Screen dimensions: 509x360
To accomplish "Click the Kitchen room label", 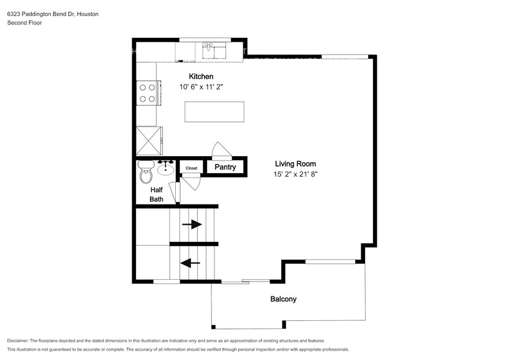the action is (x=201, y=77).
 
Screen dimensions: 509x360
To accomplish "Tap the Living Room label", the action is (x=295, y=164).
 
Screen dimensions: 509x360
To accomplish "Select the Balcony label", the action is (x=284, y=299).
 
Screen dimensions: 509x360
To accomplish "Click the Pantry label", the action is (x=225, y=167).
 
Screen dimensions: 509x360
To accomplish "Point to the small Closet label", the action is (x=192, y=168).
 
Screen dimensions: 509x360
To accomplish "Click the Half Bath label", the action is (x=156, y=195).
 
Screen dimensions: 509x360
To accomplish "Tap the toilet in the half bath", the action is (x=146, y=172).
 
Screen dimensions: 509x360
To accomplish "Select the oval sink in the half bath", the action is (x=165, y=169).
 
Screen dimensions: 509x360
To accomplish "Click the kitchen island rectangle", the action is (x=214, y=111).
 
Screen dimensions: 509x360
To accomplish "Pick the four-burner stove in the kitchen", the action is (x=148, y=93).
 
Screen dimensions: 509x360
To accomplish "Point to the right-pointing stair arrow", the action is (x=192, y=224).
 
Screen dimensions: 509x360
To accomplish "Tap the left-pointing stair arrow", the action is (x=190, y=263).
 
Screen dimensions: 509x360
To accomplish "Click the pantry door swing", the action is (x=222, y=150).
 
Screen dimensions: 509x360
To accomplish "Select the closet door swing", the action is (x=192, y=181).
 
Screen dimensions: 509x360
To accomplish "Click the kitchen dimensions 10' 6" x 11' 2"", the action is (x=202, y=87).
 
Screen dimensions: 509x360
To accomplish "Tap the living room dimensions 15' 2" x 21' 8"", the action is (x=295, y=174).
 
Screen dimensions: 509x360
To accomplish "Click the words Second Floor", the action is (x=25, y=23).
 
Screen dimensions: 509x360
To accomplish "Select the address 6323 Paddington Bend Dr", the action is (x=40, y=14).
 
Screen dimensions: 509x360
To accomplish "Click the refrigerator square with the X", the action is (x=149, y=141).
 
